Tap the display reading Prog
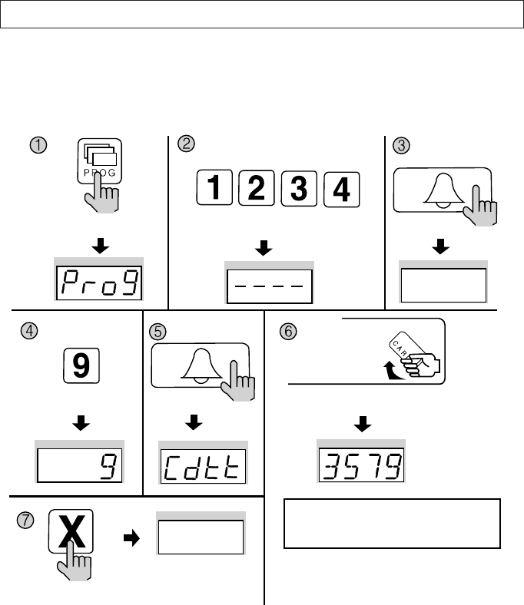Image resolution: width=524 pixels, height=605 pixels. (x=101, y=283)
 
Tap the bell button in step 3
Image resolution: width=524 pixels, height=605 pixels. (x=442, y=195)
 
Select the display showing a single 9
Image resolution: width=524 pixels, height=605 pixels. (x=81, y=465)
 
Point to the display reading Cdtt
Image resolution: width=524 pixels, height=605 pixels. (x=203, y=467)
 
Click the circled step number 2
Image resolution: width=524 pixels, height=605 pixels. (x=184, y=142)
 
